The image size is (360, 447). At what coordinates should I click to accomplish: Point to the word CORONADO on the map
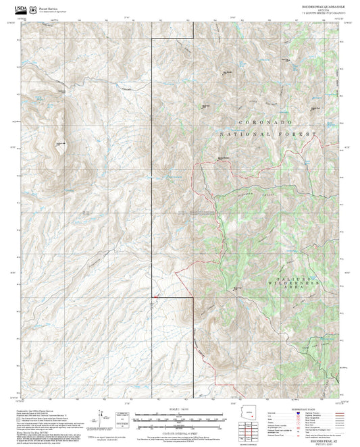[266, 122]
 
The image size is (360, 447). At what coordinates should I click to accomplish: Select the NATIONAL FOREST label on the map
[268, 134]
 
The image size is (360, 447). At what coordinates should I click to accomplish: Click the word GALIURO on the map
[293, 280]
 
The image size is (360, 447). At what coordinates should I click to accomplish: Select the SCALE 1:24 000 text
[180, 409]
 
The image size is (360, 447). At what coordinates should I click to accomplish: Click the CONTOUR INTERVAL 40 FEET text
[180, 429]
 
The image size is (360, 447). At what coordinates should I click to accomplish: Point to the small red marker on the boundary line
[155, 295]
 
